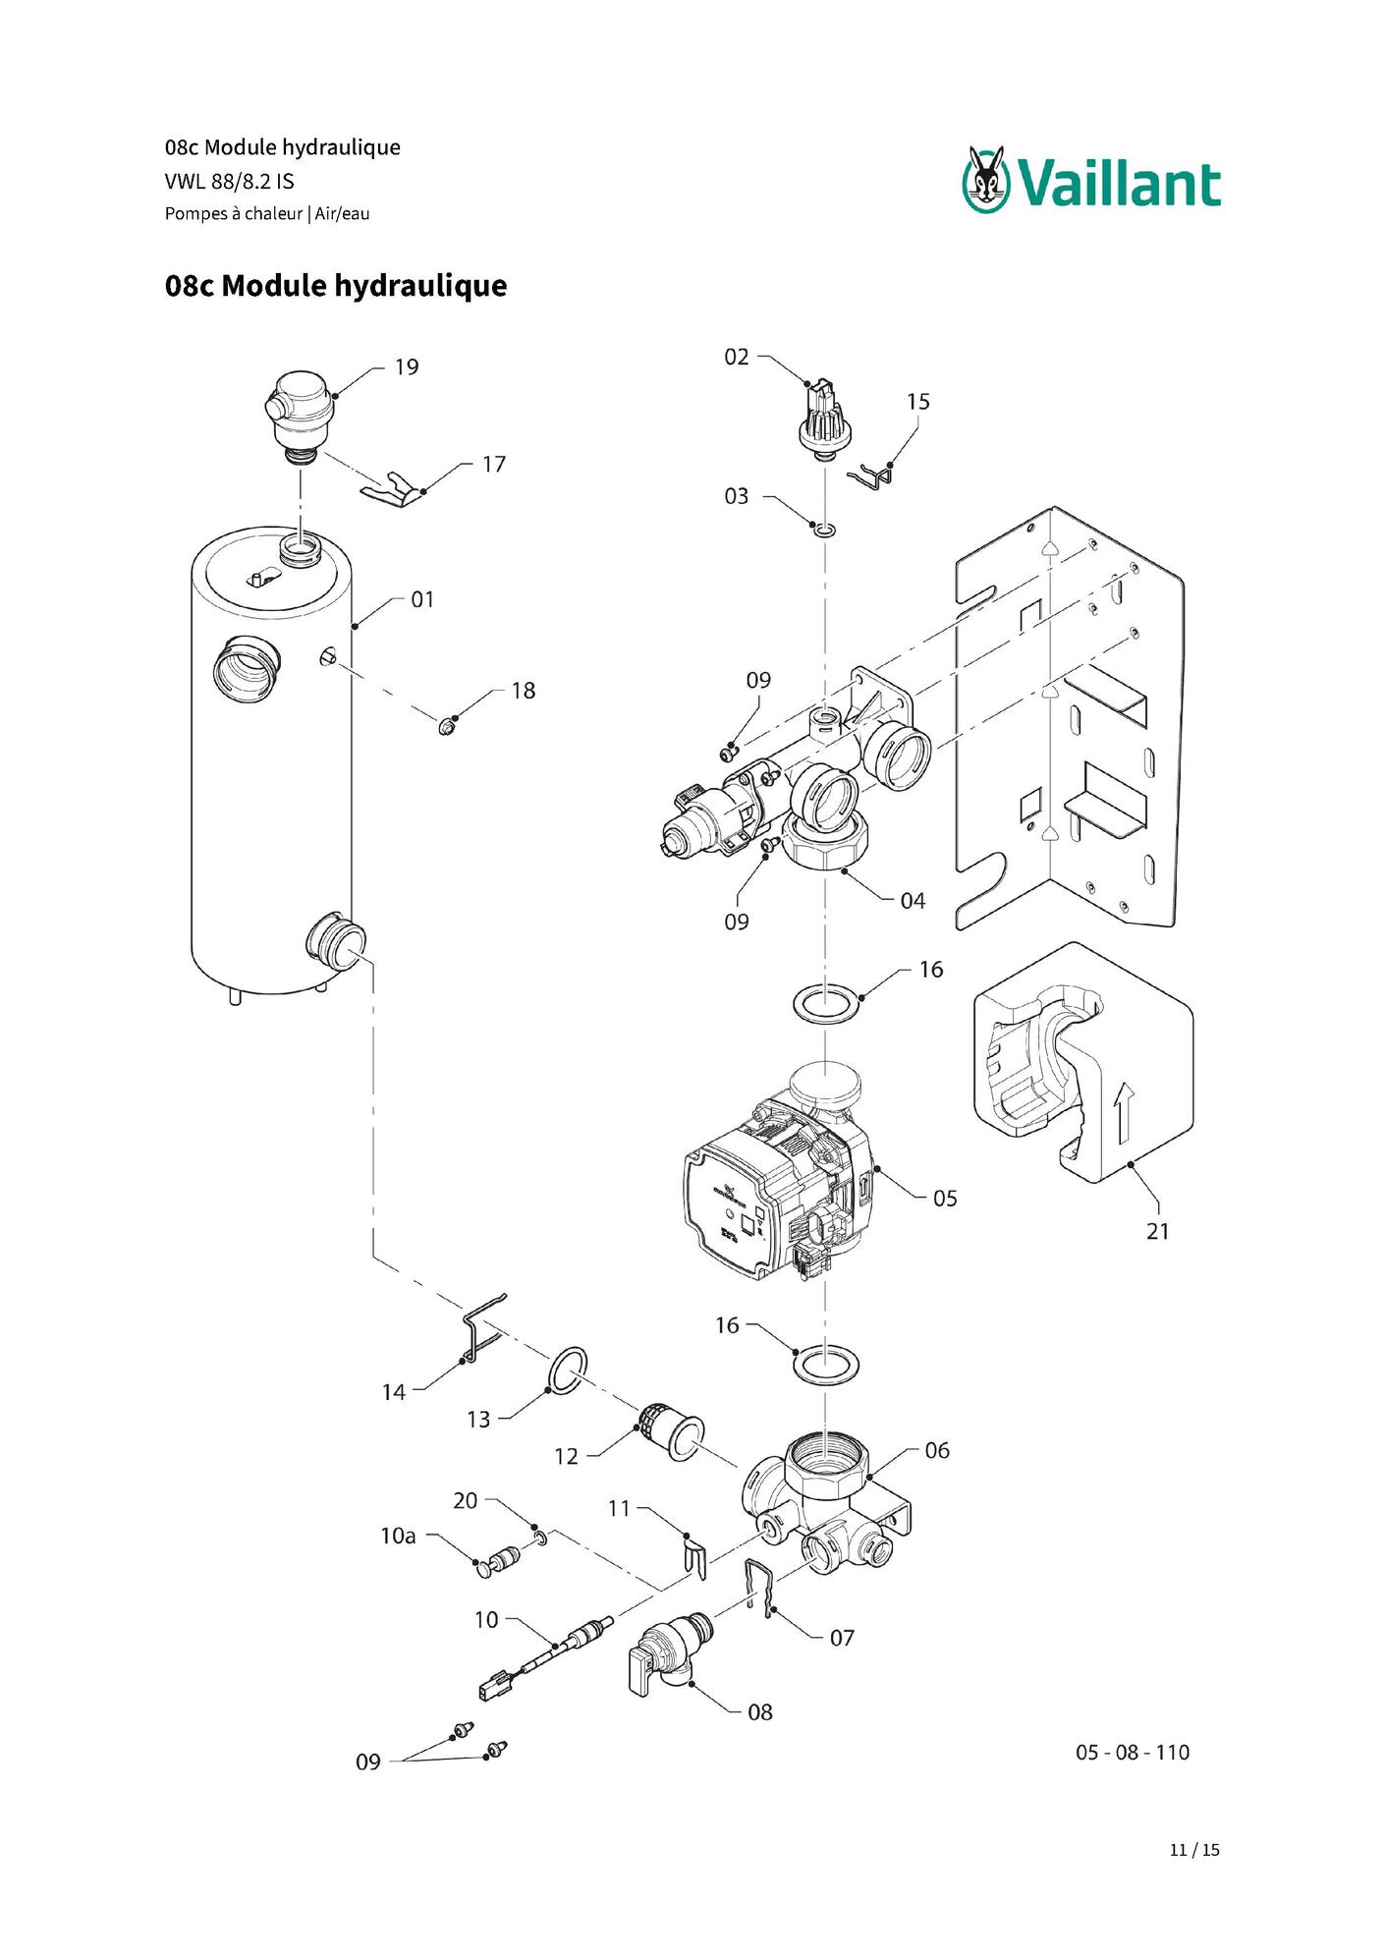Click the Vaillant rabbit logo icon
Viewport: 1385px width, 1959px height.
coord(987,179)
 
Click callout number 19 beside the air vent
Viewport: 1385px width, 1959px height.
coord(407,367)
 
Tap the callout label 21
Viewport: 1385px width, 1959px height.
coord(1158,1231)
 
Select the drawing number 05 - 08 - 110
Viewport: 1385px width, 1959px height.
coord(1133,1752)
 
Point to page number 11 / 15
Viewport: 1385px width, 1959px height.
coord(1194,1849)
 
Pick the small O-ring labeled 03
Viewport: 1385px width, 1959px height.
coord(826,531)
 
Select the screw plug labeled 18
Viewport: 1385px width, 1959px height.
coord(447,727)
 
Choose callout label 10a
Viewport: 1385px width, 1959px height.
coord(398,1536)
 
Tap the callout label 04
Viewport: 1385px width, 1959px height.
coord(913,901)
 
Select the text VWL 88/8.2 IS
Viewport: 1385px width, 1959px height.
coord(230,182)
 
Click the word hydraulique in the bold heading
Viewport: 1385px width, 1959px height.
coord(420,286)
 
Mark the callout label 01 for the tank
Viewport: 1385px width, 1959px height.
coord(422,599)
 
